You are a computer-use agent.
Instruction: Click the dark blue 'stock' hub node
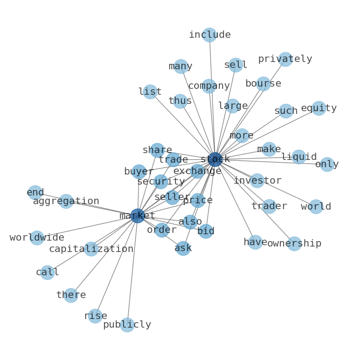[215, 159]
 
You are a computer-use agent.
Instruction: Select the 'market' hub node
[138, 216]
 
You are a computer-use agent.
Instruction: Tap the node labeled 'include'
[210, 35]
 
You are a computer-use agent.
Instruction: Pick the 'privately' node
[285, 59]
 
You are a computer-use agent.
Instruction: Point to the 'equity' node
[319, 108]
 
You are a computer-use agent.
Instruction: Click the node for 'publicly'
[127, 325]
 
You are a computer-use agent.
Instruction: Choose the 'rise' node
[95, 316]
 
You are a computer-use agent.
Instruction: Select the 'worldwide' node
[37, 238]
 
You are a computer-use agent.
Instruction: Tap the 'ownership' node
[295, 243]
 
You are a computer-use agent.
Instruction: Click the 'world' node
[316, 206]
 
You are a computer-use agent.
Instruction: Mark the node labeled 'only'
[327, 165]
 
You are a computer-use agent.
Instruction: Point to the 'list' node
[150, 92]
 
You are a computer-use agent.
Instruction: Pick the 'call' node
[47, 273]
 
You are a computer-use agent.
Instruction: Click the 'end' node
[35, 192]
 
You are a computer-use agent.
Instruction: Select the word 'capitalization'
[91, 249]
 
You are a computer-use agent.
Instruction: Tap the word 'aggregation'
[66, 201]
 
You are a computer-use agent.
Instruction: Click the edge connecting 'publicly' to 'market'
[133, 270]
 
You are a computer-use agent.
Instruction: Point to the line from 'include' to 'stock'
[212, 97]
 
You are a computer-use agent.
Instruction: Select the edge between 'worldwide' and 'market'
[87, 226]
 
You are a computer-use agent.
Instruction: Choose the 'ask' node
[183, 248]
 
